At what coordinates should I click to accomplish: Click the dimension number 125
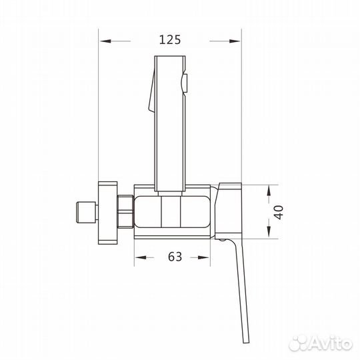click(170, 39)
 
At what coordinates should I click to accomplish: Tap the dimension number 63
click(175, 257)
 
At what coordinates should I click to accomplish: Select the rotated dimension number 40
click(281, 212)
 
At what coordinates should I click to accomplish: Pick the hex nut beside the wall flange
click(124, 211)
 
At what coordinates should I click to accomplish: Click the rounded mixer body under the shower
click(171, 211)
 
